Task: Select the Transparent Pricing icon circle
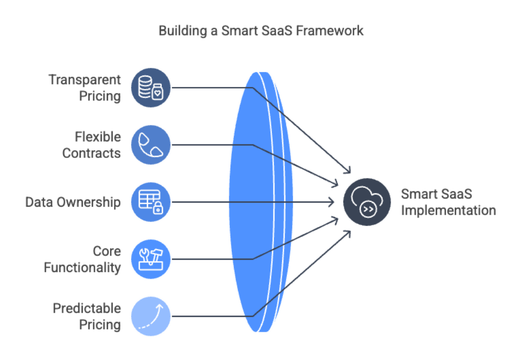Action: click(150, 87)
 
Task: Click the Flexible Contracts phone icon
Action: click(150, 145)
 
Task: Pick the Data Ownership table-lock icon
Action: click(150, 202)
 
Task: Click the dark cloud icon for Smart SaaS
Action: click(366, 202)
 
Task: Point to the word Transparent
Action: click(85, 80)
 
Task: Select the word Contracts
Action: click(91, 153)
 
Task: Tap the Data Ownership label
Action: click(73, 202)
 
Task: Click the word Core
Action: click(107, 251)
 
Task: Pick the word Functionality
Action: click(82, 267)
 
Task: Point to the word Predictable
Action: click(87, 309)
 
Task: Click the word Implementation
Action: click(448, 210)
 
